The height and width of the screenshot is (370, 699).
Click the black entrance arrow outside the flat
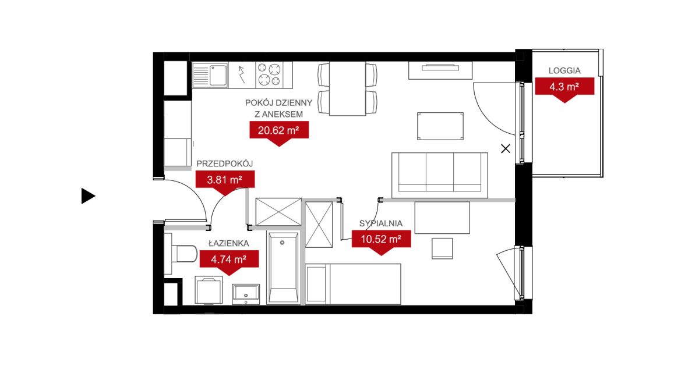tap(88, 195)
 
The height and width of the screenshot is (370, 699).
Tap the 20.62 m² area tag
tap(279, 131)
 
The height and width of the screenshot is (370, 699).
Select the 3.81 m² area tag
tap(225, 180)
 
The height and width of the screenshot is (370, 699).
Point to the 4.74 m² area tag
tap(229, 259)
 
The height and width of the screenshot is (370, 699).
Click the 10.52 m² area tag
tap(381, 239)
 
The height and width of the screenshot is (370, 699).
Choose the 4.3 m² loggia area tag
tap(564, 87)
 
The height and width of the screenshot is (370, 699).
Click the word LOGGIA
tap(564, 71)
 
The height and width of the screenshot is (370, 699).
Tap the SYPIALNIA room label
tap(381, 223)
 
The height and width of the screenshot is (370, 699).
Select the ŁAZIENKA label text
tap(229, 243)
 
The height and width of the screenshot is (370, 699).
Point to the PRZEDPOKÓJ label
tap(224, 163)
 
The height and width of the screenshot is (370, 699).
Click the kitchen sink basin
tap(218, 75)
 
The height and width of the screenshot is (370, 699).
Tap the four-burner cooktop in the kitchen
tap(269, 75)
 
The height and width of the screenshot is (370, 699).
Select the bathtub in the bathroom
tap(283, 268)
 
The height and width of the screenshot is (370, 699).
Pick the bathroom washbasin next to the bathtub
tap(246, 294)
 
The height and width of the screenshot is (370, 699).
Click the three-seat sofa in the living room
tap(440, 175)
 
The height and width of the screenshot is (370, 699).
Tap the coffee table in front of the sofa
tap(440, 126)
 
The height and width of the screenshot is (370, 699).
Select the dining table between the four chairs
tap(347, 89)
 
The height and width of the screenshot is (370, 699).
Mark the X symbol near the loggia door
tap(506, 149)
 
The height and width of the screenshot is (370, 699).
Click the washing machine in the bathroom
tap(209, 290)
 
